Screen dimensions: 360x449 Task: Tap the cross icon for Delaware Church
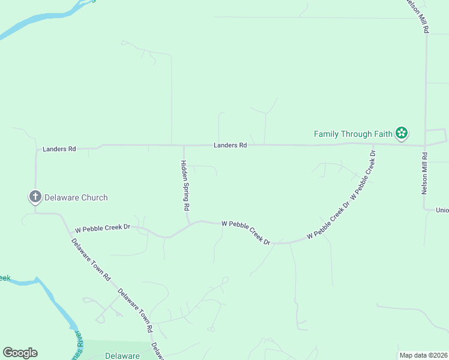click(x=35, y=197)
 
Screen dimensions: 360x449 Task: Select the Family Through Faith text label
click(x=353, y=133)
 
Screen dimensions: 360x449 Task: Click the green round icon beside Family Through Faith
click(x=402, y=133)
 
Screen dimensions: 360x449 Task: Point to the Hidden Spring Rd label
click(x=186, y=185)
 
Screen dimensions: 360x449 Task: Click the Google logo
click(x=20, y=353)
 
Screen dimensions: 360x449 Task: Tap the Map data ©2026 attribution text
click(x=423, y=355)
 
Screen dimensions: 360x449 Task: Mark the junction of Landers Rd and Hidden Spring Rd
click(x=184, y=145)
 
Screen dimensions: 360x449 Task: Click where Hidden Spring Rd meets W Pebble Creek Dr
click(x=190, y=223)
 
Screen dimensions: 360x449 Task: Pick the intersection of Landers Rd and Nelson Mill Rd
click(x=424, y=145)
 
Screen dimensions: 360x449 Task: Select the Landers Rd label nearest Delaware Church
click(x=59, y=148)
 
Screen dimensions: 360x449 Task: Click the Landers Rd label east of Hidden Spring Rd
click(x=231, y=145)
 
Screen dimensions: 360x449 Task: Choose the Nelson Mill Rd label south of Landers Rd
click(x=424, y=173)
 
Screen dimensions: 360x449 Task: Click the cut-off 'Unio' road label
click(x=442, y=210)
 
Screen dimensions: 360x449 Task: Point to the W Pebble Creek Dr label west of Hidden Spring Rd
click(x=102, y=228)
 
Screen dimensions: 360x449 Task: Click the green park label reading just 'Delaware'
click(x=122, y=356)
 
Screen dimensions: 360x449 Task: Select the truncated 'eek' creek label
click(x=5, y=278)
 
